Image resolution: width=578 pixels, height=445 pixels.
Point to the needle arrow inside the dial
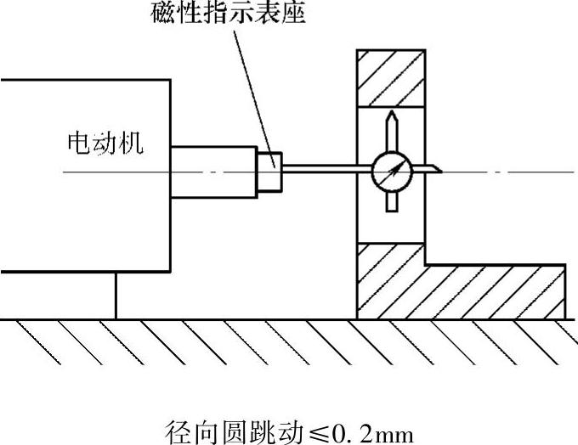click(x=394, y=172)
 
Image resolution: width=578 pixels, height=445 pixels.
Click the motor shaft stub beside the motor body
click(x=212, y=172)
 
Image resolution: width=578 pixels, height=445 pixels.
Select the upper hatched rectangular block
click(x=391, y=77)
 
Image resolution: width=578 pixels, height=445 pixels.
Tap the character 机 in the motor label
click(x=131, y=143)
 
